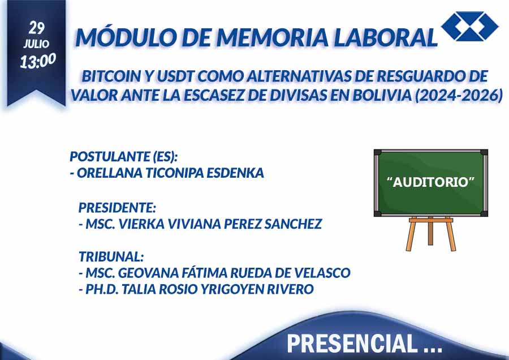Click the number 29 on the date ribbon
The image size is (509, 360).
pos(37,28)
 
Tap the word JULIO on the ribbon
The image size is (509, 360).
pos(36,44)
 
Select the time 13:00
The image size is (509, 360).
pos(38,61)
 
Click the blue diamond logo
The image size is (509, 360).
pos(470,26)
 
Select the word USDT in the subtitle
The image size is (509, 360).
pos(176,76)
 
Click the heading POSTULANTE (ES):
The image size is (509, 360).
pos(124,157)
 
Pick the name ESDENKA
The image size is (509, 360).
pos(235,173)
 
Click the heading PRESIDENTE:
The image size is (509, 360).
pos(118,207)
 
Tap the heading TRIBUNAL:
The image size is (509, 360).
pos(111,256)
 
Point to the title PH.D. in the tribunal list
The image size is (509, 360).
pos(102,289)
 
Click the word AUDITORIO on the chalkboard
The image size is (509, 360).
pos(431,182)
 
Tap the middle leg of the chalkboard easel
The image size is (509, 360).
pos(430,233)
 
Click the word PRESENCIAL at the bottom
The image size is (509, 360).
pos(352,344)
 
